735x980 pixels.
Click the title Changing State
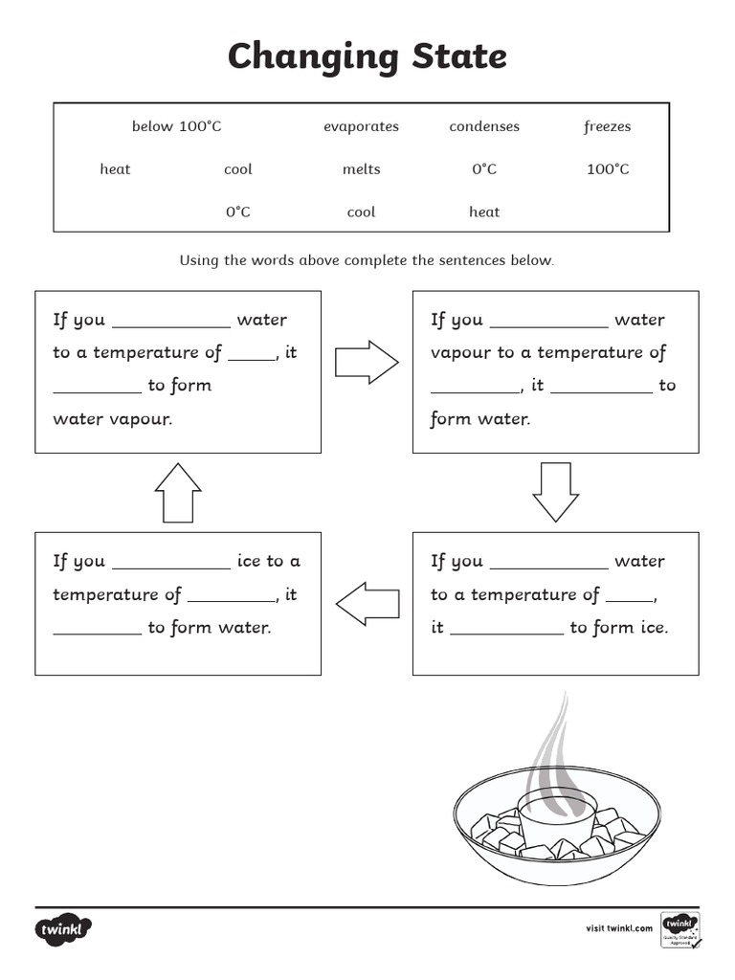pyautogui.click(x=367, y=57)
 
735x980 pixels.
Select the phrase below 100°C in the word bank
pyautogui.click(x=176, y=126)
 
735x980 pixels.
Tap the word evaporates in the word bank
pyautogui.click(x=361, y=126)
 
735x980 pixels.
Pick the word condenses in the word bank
pyautogui.click(x=484, y=126)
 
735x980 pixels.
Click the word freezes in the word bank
pyautogui.click(x=607, y=126)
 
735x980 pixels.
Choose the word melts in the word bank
pyautogui.click(x=361, y=169)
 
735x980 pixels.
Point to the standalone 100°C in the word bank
pyautogui.click(x=608, y=169)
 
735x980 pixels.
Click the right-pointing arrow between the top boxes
pyautogui.click(x=367, y=362)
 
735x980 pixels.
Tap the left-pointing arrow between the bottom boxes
pyautogui.click(x=367, y=603)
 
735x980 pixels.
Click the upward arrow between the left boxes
pyautogui.click(x=178, y=492)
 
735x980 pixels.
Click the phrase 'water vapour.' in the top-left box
pyautogui.click(x=113, y=418)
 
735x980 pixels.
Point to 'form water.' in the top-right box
pyautogui.click(x=479, y=418)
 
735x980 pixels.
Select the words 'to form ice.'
pyautogui.click(x=618, y=628)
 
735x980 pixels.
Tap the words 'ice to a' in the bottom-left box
pyautogui.click(x=268, y=561)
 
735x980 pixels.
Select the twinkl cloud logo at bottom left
pyautogui.click(x=64, y=928)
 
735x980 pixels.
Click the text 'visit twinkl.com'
pyautogui.click(x=618, y=927)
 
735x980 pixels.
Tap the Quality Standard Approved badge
pyautogui.click(x=679, y=928)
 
